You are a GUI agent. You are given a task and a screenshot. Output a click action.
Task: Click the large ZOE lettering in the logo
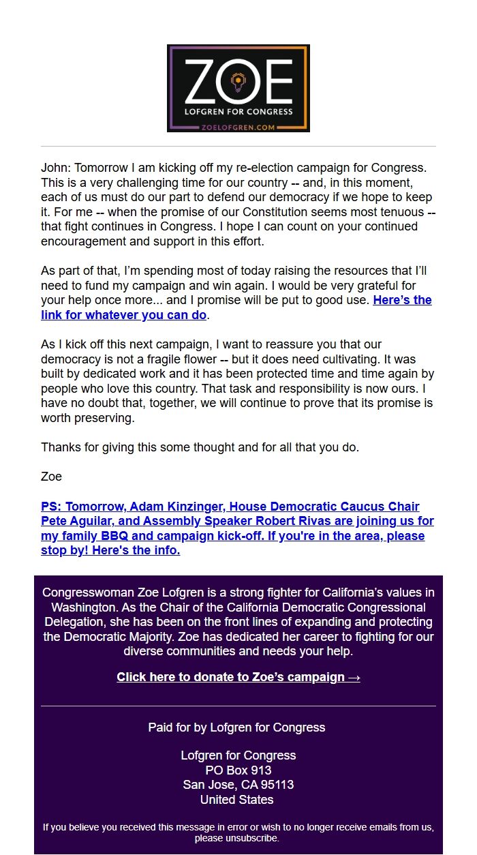pos(238,81)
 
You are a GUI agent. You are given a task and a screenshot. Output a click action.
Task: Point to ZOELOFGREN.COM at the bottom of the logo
pos(238,126)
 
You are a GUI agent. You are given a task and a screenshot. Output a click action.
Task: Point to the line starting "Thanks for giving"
pos(200,447)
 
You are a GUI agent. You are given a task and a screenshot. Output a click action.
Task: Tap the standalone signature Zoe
pos(51,477)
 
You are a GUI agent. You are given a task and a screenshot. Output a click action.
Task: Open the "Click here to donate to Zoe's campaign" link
pos(230,677)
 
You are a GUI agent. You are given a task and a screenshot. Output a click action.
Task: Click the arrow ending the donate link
pos(354,677)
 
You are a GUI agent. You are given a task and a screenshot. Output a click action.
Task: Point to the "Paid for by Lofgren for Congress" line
pos(236,727)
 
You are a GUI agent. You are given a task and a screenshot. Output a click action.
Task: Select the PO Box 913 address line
pos(238,770)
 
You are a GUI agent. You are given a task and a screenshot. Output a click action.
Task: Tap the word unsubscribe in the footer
pos(255,838)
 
